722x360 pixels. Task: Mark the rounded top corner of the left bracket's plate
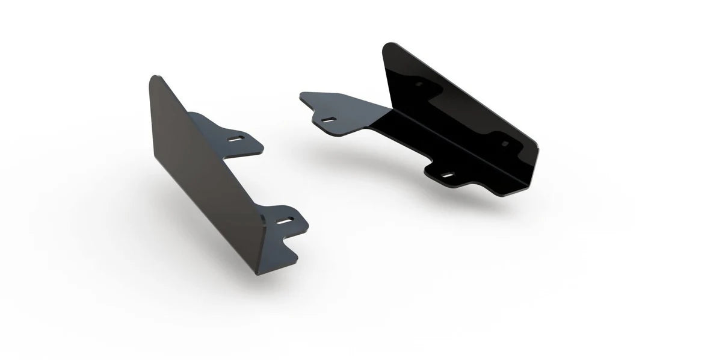click(x=154, y=78)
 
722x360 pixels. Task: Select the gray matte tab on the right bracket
click(x=343, y=111)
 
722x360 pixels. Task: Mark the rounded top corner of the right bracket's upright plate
click(x=390, y=45)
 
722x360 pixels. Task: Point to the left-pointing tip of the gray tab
click(x=301, y=95)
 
